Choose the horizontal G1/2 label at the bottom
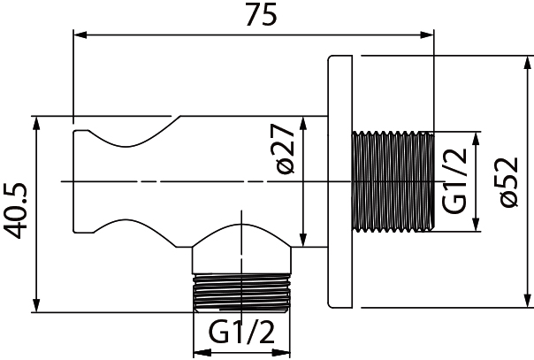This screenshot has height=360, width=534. coord(240,334)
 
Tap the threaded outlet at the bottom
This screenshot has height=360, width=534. coord(241,290)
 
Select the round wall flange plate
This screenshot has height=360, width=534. coord(340,184)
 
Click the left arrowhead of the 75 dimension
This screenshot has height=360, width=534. coord(78,35)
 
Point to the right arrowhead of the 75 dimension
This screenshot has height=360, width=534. coord(430,35)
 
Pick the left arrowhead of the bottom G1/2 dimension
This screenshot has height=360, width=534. coord(198,352)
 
